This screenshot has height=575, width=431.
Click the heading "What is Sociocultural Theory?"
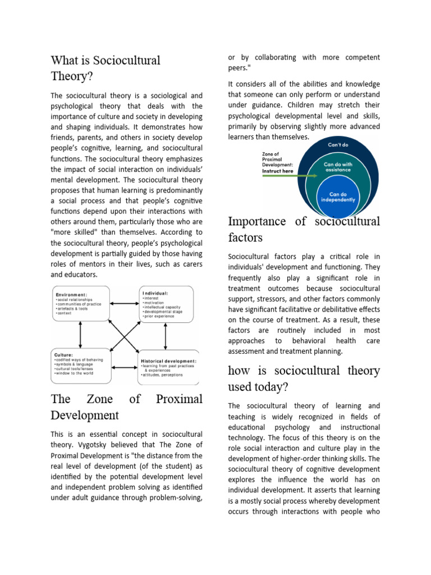click(x=106, y=67)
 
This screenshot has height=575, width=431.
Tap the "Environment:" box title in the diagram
click(x=71, y=294)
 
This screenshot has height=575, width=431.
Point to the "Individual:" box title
click(x=155, y=293)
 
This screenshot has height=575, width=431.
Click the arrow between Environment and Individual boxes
click(x=125, y=304)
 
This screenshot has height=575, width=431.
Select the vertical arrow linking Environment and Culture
click(x=81, y=335)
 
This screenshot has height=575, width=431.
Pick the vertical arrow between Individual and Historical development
click(x=165, y=337)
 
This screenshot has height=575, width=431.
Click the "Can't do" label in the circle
click(x=338, y=144)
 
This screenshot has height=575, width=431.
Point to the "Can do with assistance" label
click(x=337, y=167)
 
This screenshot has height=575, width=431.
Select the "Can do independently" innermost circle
click(x=337, y=196)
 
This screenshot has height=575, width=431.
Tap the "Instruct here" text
click(x=278, y=171)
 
